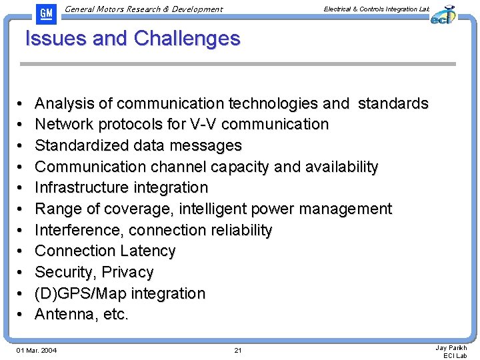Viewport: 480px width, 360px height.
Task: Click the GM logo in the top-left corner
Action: click(46, 13)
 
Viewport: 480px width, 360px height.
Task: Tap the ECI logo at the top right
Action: click(442, 15)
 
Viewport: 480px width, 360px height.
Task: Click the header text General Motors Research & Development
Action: click(145, 9)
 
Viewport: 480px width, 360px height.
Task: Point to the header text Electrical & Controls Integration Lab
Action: click(376, 9)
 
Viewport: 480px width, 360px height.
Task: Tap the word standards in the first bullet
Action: click(393, 103)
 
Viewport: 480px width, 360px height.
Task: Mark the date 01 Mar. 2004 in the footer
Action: click(37, 351)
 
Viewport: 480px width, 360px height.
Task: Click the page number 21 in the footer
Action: click(238, 351)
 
